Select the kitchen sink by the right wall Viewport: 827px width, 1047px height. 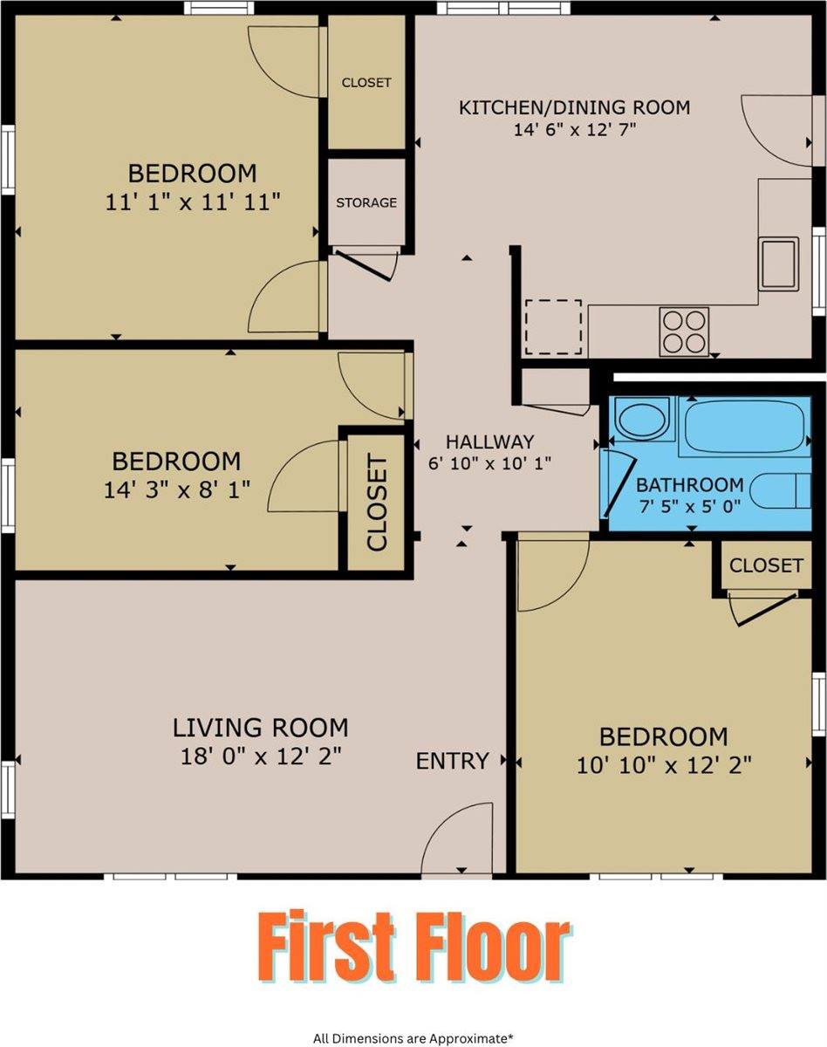[x=777, y=263]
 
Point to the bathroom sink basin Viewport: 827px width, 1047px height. [x=642, y=421]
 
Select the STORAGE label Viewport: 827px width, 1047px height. [x=366, y=202]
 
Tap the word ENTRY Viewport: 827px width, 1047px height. [x=452, y=761]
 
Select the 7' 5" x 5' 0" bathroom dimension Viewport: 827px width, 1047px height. [x=689, y=506]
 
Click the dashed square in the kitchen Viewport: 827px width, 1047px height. [x=553, y=326]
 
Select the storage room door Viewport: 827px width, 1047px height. [x=365, y=264]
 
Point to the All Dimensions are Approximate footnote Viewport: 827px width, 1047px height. [x=413, y=1038]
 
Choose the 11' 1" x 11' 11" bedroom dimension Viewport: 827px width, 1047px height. [x=192, y=202]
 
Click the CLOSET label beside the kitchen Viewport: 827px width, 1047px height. [x=366, y=83]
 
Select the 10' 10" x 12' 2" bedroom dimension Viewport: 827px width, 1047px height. [x=664, y=766]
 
